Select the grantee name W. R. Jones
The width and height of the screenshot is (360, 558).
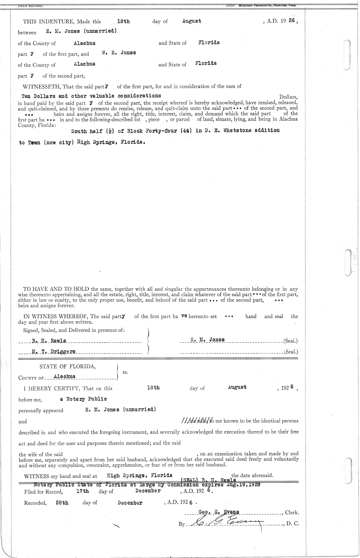pos(118,53)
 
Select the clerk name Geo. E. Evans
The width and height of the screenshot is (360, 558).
pos(219,512)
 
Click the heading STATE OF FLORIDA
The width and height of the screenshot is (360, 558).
pos(68,366)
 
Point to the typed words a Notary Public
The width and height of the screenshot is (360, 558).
pos(83,399)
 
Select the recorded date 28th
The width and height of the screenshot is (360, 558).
pos(62,503)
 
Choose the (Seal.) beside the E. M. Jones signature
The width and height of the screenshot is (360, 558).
pos(290,341)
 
